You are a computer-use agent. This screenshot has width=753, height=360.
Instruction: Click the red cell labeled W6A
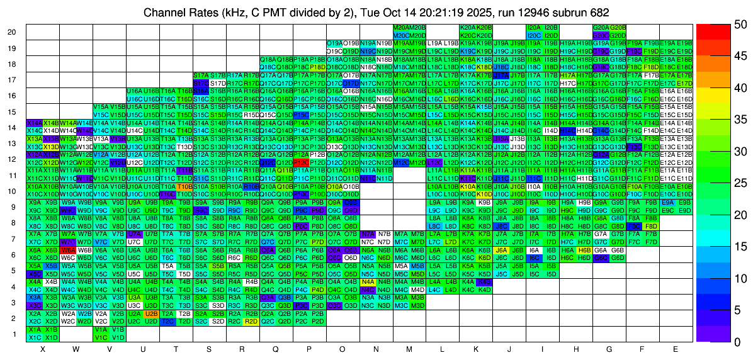pyautogui.click(x=68, y=250)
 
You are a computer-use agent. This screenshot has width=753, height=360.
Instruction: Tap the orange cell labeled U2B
pyautogui.click(x=151, y=313)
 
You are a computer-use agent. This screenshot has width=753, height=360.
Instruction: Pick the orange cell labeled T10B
pyautogui.click(x=184, y=186)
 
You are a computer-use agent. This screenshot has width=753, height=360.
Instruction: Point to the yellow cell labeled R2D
pyautogui.click(x=251, y=321)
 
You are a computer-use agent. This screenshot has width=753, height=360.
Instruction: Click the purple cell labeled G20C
pyautogui.click(x=601, y=36)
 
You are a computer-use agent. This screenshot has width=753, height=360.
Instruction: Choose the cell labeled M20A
pyautogui.click(x=400, y=28)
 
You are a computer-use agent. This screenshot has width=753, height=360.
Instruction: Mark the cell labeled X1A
pyautogui.click(x=35, y=329)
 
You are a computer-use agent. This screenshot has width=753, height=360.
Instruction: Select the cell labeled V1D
pyautogui.click(x=118, y=337)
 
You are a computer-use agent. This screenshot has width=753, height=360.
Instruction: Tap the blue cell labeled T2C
pyautogui.click(x=167, y=321)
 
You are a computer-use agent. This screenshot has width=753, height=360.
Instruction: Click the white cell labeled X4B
pyautogui.click(x=52, y=281)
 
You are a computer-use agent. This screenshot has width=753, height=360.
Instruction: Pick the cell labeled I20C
pyautogui.click(x=534, y=36)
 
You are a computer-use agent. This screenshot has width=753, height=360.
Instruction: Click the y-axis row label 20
pyautogui.click(x=12, y=32)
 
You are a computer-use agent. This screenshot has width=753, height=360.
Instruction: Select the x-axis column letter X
pyautogui.click(x=43, y=348)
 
